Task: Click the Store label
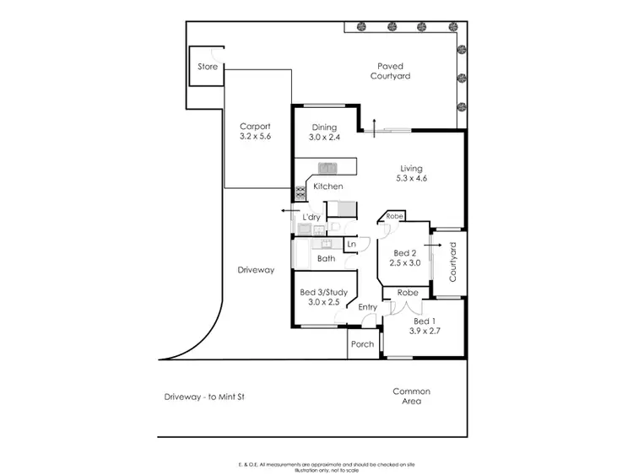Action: coord(208,67)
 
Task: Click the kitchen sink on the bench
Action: coord(327,167)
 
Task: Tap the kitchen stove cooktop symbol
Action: coord(300,192)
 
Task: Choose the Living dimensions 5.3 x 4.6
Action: coord(411,179)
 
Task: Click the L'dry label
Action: coord(311,218)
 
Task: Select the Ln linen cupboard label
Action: coord(351,245)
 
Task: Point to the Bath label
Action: coord(327,259)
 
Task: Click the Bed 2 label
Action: coord(405,253)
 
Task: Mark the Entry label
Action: coord(367,307)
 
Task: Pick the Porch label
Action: coord(363,344)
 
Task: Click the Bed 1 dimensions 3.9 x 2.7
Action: coord(425,332)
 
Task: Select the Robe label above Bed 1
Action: coord(408,293)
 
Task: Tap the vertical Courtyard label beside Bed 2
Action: coord(453,262)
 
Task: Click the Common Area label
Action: coord(411,396)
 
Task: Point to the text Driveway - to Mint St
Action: coord(206,396)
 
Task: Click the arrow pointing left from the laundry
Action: coord(287,212)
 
